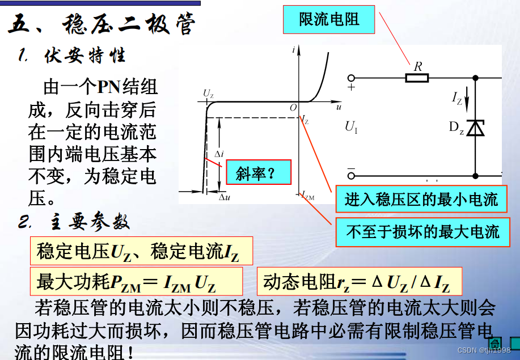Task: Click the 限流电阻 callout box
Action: coord(329,20)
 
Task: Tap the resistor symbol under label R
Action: coord(417,78)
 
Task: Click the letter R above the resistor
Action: coord(418,66)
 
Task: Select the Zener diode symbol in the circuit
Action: coord(477,128)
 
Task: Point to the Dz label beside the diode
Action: coord(457,128)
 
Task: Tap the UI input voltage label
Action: coord(351,127)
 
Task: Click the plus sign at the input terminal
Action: coord(352,88)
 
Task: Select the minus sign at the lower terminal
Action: coord(351,170)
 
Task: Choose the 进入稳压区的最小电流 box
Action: coord(421,200)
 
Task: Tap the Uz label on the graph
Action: coord(208,94)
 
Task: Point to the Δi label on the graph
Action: coord(219,154)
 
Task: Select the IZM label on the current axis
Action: coord(308,196)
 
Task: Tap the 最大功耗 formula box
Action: coord(136,282)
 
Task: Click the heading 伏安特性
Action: coord(85,56)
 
